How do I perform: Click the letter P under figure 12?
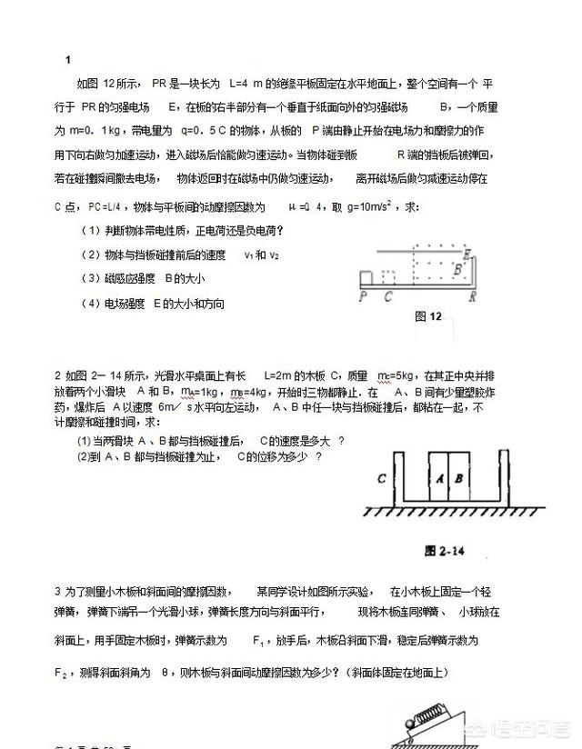362,295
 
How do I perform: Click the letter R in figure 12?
475,295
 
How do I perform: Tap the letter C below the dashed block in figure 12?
388,295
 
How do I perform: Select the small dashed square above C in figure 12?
388,276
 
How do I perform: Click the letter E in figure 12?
467,254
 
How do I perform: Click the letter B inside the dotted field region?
458,269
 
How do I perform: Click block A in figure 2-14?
439,477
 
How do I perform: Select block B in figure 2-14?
459,477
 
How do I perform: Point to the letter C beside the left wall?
383,478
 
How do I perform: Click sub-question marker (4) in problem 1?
93,304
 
